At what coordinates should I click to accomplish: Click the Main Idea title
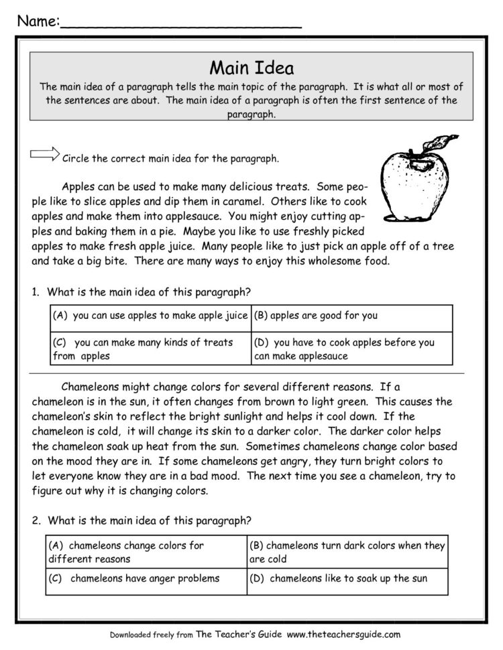pos(251,68)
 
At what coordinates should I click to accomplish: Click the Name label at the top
pos(38,21)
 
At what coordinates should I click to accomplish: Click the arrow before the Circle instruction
pos(45,155)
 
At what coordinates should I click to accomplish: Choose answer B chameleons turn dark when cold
pos(347,551)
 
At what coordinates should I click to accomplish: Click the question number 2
pos(34,519)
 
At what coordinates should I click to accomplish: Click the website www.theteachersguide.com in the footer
pos(343,634)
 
